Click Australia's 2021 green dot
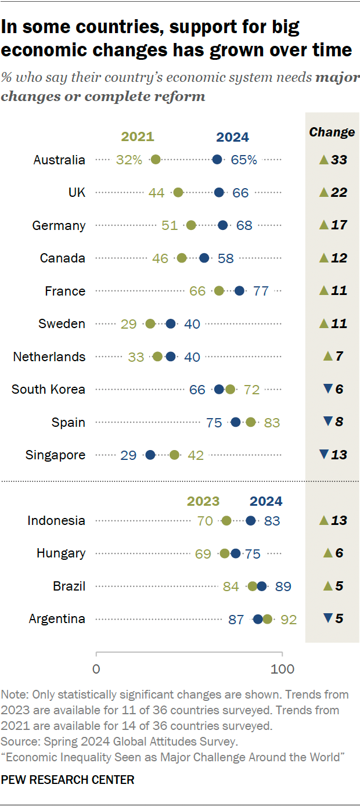[155, 160]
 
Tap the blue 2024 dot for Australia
[217, 160]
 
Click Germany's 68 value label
[244, 225]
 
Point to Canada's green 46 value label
[160, 258]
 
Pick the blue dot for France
[239, 291]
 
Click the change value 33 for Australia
[339, 160]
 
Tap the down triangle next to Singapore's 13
[324, 455]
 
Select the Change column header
[332, 132]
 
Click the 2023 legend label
[203, 501]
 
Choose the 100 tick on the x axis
[283, 668]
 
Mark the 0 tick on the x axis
[96, 668]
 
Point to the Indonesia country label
[56, 520]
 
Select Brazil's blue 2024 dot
[262, 586]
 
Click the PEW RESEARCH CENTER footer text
[68, 780]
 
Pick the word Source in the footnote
[17, 741]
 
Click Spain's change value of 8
[339, 422]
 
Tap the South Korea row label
[48, 389]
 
